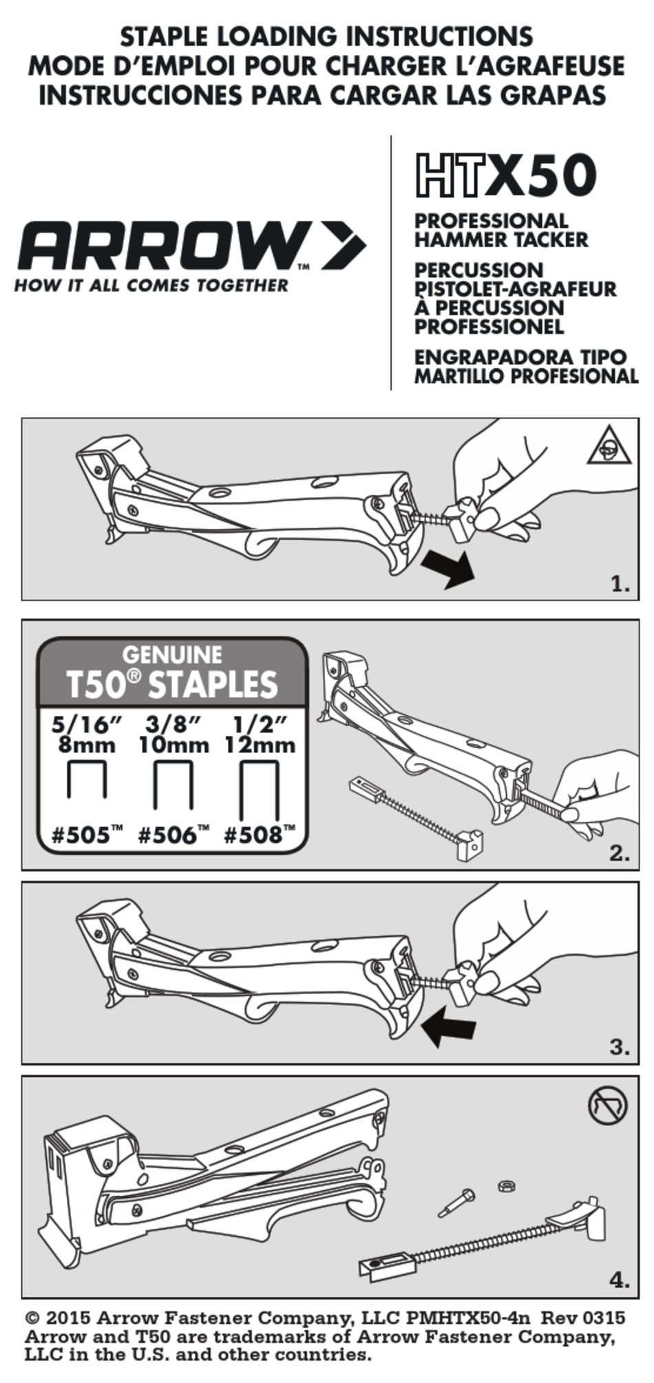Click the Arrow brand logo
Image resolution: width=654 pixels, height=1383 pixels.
191,246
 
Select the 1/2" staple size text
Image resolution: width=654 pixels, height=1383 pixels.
260,725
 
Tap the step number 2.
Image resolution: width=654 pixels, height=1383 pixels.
620,854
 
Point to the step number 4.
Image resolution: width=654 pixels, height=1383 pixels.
620,1281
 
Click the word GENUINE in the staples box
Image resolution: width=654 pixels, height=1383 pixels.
172,654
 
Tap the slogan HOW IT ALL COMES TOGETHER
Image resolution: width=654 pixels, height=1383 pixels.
151,285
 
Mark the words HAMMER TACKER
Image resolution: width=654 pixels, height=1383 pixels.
501,240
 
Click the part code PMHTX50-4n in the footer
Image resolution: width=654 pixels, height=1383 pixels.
469,1318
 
